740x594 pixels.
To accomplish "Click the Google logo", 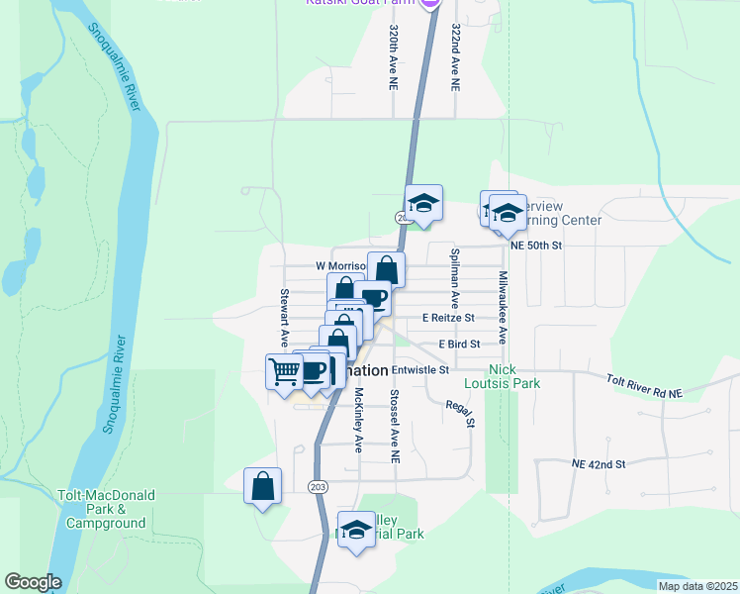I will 33,582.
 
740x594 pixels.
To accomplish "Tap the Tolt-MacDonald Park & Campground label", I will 106,515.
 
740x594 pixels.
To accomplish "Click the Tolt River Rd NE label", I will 644,386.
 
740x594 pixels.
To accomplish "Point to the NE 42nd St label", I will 599,463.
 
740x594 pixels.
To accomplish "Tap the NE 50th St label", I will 536,245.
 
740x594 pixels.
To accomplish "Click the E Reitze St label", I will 448,318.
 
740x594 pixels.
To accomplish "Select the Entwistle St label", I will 420,370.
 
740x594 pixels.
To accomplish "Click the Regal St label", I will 463,412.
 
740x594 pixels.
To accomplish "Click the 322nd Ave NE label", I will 455,57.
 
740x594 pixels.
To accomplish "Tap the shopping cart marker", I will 284,371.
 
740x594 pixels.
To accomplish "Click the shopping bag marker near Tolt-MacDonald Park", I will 262,486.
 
